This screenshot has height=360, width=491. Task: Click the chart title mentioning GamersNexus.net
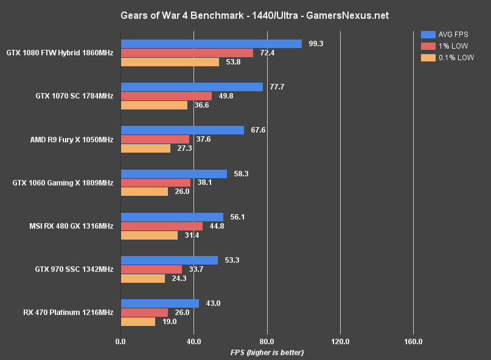[x=245, y=14]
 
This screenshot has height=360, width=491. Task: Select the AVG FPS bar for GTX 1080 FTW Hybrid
[x=211, y=44]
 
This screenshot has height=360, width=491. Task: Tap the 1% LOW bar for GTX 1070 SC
[x=166, y=96]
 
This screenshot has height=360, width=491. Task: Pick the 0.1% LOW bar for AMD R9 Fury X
[x=145, y=148]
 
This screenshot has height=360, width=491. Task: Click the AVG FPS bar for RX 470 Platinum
[x=160, y=303]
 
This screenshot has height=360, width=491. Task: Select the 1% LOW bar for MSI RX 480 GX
[x=162, y=226]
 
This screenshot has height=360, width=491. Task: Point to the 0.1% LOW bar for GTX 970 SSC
[x=143, y=279]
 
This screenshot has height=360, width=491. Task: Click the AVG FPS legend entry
[x=447, y=35]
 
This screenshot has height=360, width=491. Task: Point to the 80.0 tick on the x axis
[x=267, y=341]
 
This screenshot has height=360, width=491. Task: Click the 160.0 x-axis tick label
[x=413, y=341]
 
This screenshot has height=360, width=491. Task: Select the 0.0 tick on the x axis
[x=121, y=341]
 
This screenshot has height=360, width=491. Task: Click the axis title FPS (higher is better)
[x=267, y=352]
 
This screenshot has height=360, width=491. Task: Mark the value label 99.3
[x=315, y=44]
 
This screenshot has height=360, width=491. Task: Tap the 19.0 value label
[x=170, y=322]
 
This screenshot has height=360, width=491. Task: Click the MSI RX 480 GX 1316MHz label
[x=71, y=226]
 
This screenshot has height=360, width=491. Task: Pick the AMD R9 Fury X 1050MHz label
[x=72, y=139]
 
